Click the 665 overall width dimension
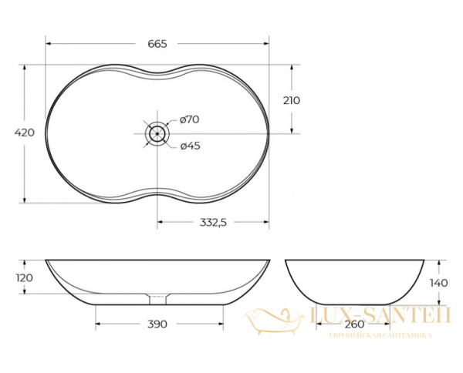pyautogui.click(x=157, y=44)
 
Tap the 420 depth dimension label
pyautogui.click(x=24, y=133)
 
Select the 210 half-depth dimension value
pyautogui.click(x=292, y=100)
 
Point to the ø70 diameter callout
pyautogui.click(x=190, y=119)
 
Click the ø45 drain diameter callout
pyautogui.click(x=190, y=146)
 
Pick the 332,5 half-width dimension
pyautogui.click(x=213, y=222)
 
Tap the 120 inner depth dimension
pyautogui.click(x=25, y=277)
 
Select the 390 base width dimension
pyautogui.click(x=157, y=324)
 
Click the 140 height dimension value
pyautogui.click(x=439, y=283)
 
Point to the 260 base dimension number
pyautogui.click(x=354, y=324)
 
